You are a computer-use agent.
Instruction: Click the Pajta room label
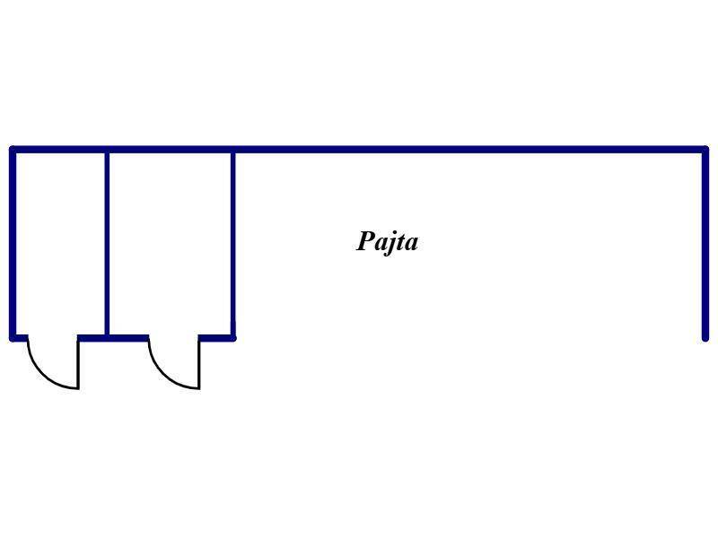(x=387, y=241)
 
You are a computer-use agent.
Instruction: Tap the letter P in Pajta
(x=366, y=240)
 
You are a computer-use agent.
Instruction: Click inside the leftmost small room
(x=60, y=243)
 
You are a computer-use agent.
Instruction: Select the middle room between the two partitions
(x=170, y=243)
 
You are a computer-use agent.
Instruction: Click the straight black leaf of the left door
(x=78, y=364)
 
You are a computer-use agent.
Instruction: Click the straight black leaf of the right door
(x=199, y=364)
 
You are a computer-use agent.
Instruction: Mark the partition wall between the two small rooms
(x=107, y=243)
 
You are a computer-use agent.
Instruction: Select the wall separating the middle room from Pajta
(x=233, y=243)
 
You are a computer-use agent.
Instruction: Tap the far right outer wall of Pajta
(x=705, y=243)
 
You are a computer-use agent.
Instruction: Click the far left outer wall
(x=13, y=243)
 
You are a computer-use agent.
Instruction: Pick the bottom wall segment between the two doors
(x=113, y=338)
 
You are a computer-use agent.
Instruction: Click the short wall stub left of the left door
(x=19, y=338)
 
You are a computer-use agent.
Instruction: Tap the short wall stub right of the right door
(x=217, y=338)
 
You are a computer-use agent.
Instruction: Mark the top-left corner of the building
(x=13, y=150)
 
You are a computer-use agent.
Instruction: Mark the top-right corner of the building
(x=705, y=150)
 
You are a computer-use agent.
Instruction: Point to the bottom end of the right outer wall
(x=705, y=339)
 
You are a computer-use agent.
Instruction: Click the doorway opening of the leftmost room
(x=53, y=338)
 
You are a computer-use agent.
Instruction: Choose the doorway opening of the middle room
(x=173, y=338)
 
